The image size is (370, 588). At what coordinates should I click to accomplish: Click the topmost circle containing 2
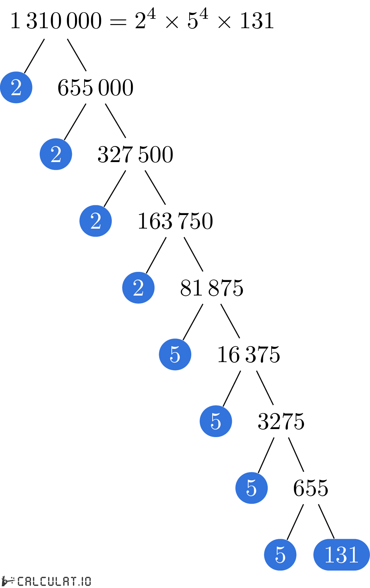coord(16,87)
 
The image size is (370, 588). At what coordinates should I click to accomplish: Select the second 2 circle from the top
coord(56,154)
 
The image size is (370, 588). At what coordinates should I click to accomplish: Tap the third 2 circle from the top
coord(96,221)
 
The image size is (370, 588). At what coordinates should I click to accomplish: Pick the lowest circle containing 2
coord(138,288)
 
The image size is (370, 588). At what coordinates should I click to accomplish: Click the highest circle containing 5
coord(175,354)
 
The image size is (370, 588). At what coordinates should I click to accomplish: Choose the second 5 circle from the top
coord(216,421)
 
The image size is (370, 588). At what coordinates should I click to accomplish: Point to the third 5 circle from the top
coord(251,488)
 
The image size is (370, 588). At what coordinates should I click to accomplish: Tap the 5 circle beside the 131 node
coord(280,555)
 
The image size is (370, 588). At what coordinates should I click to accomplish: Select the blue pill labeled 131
coord(341,555)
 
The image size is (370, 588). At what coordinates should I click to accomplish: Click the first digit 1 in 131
coord(329,555)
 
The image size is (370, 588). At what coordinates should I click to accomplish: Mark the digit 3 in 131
coord(341,555)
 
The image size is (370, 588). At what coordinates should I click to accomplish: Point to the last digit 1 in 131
coord(353,555)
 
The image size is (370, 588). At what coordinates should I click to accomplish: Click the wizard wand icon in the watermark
coord(8,581)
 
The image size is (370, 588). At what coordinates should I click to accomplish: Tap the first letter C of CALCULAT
coord(21,581)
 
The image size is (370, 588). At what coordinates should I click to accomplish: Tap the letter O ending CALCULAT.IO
coord(88,581)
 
